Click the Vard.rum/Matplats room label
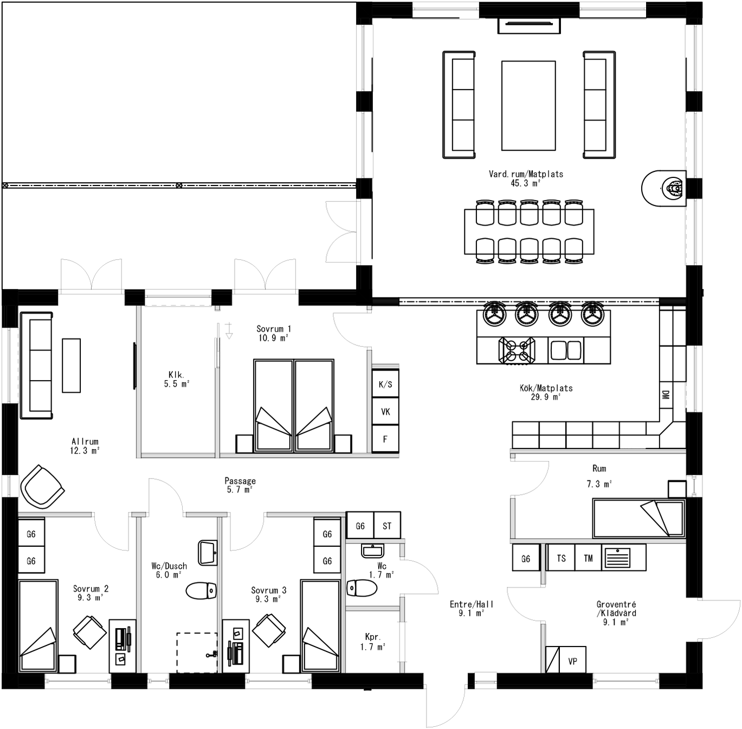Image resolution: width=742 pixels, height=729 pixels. [525, 178]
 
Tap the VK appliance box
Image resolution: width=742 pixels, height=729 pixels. [385, 412]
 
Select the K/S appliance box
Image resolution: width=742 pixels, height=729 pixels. [385, 385]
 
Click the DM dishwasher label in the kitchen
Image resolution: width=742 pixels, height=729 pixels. [666, 395]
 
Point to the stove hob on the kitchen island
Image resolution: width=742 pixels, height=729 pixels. [516, 350]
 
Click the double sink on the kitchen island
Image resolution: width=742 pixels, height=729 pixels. [566, 350]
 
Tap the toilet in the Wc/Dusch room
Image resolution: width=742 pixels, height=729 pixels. [201, 590]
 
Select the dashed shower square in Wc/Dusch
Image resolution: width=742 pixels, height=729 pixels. [197, 653]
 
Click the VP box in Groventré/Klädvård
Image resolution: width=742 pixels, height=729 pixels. [572, 661]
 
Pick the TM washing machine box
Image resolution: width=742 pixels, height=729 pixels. [588, 558]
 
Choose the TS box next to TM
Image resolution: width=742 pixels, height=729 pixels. [561, 558]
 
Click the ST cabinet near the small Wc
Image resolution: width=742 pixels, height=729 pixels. [387, 526]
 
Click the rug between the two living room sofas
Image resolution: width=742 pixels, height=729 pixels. [528, 106]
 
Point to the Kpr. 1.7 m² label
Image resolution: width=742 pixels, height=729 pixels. [372, 642]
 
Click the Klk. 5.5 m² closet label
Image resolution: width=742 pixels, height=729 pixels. [176, 379]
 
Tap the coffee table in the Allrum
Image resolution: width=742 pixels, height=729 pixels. [71, 365]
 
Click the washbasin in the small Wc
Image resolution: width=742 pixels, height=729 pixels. [372, 551]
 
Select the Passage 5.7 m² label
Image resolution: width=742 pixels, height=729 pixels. [240, 485]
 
